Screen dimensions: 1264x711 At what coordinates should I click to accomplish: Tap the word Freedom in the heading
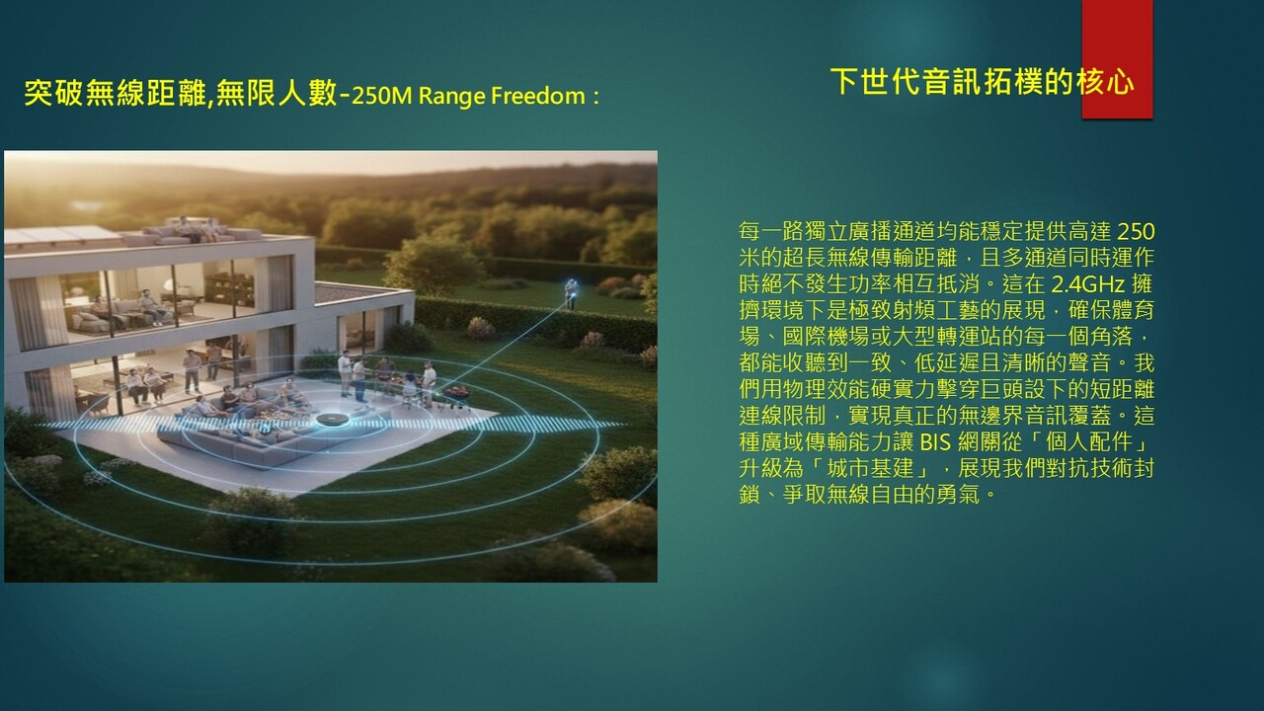[x=538, y=96]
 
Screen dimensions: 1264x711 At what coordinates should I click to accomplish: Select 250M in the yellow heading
[x=381, y=96]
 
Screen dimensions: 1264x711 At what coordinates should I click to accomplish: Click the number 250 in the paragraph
[x=1136, y=231]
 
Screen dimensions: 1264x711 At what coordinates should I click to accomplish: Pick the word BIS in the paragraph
[x=935, y=441]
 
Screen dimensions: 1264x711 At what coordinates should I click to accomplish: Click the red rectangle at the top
[x=1117, y=59]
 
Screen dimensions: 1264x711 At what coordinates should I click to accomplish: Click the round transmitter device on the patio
[x=333, y=420]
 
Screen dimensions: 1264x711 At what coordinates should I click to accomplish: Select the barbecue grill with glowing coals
[x=456, y=393]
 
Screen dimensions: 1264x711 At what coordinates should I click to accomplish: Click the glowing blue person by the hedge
[x=572, y=293]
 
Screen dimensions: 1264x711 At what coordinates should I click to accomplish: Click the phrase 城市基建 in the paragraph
[x=871, y=468]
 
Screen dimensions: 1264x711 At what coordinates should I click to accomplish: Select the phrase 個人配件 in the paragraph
[x=1089, y=441]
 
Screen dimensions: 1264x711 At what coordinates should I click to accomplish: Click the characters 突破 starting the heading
[x=53, y=93]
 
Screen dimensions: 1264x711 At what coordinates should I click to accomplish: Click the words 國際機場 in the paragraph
[x=827, y=337]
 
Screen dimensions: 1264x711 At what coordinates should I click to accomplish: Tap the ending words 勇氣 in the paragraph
[x=958, y=495]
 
